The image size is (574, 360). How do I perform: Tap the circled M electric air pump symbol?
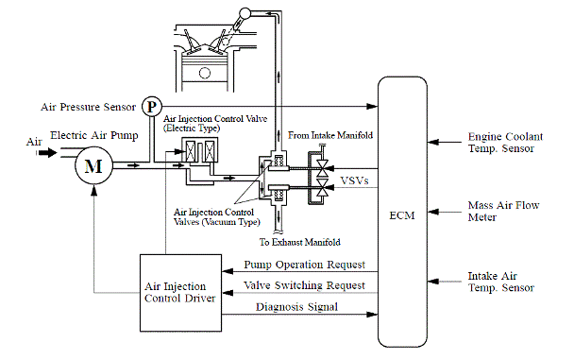pos(93,166)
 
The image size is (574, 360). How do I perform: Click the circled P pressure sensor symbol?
pos(151,104)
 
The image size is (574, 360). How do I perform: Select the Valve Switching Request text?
pos(304,285)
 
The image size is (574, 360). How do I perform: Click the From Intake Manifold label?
pos(329,136)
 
